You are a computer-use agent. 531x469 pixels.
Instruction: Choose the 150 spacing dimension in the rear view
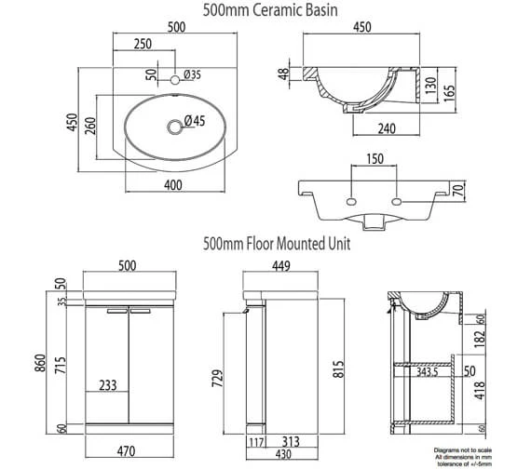(x=373, y=160)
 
